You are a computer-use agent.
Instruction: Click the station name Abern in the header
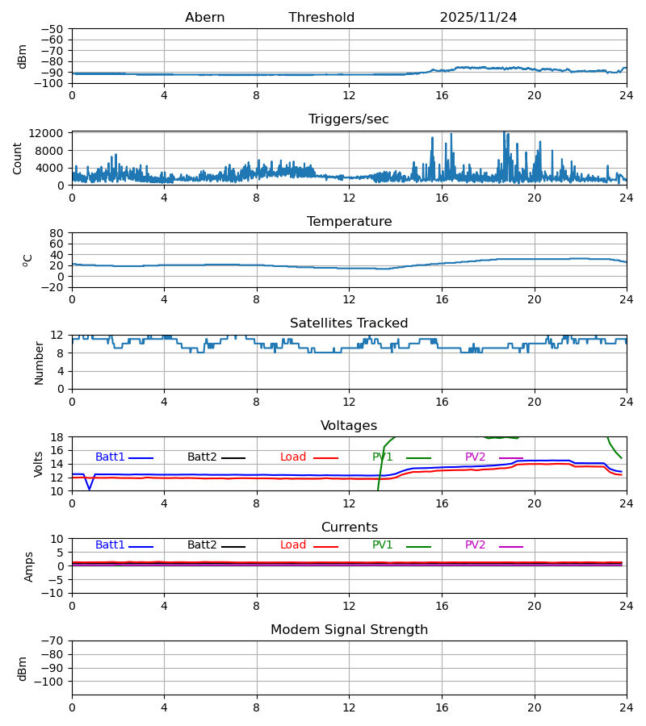(x=204, y=18)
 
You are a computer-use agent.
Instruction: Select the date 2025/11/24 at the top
(x=478, y=18)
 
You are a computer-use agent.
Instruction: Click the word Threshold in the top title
(x=321, y=18)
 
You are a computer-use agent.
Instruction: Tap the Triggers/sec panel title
(x=349, y=119)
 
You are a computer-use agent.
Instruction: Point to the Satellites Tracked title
(x=349, y=323)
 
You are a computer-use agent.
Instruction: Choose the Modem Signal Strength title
(x=349, y=630)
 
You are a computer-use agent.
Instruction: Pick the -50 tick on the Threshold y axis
(x=54, y=29)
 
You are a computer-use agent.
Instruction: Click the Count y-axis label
(x=18, y=158)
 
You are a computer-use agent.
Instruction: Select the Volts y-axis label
(x=39, y=464)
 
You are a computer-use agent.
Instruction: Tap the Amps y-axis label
(x=29, y=566)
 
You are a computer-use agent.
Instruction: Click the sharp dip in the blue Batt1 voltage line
(x=90, y=489)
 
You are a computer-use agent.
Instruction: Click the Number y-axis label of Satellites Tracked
(x=39, y=362)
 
